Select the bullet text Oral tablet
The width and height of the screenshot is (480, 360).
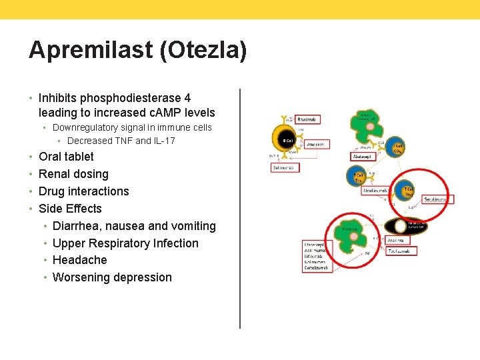point(66,157)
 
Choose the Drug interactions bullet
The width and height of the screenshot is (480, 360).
point(84,191)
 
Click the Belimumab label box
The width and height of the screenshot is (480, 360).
point(285,167)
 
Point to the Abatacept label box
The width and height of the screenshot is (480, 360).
point(365,157)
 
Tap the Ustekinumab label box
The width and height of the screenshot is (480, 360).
point(376,191)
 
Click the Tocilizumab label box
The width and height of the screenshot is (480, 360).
point(401,251)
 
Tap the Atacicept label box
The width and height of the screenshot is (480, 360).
point(315,143)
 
